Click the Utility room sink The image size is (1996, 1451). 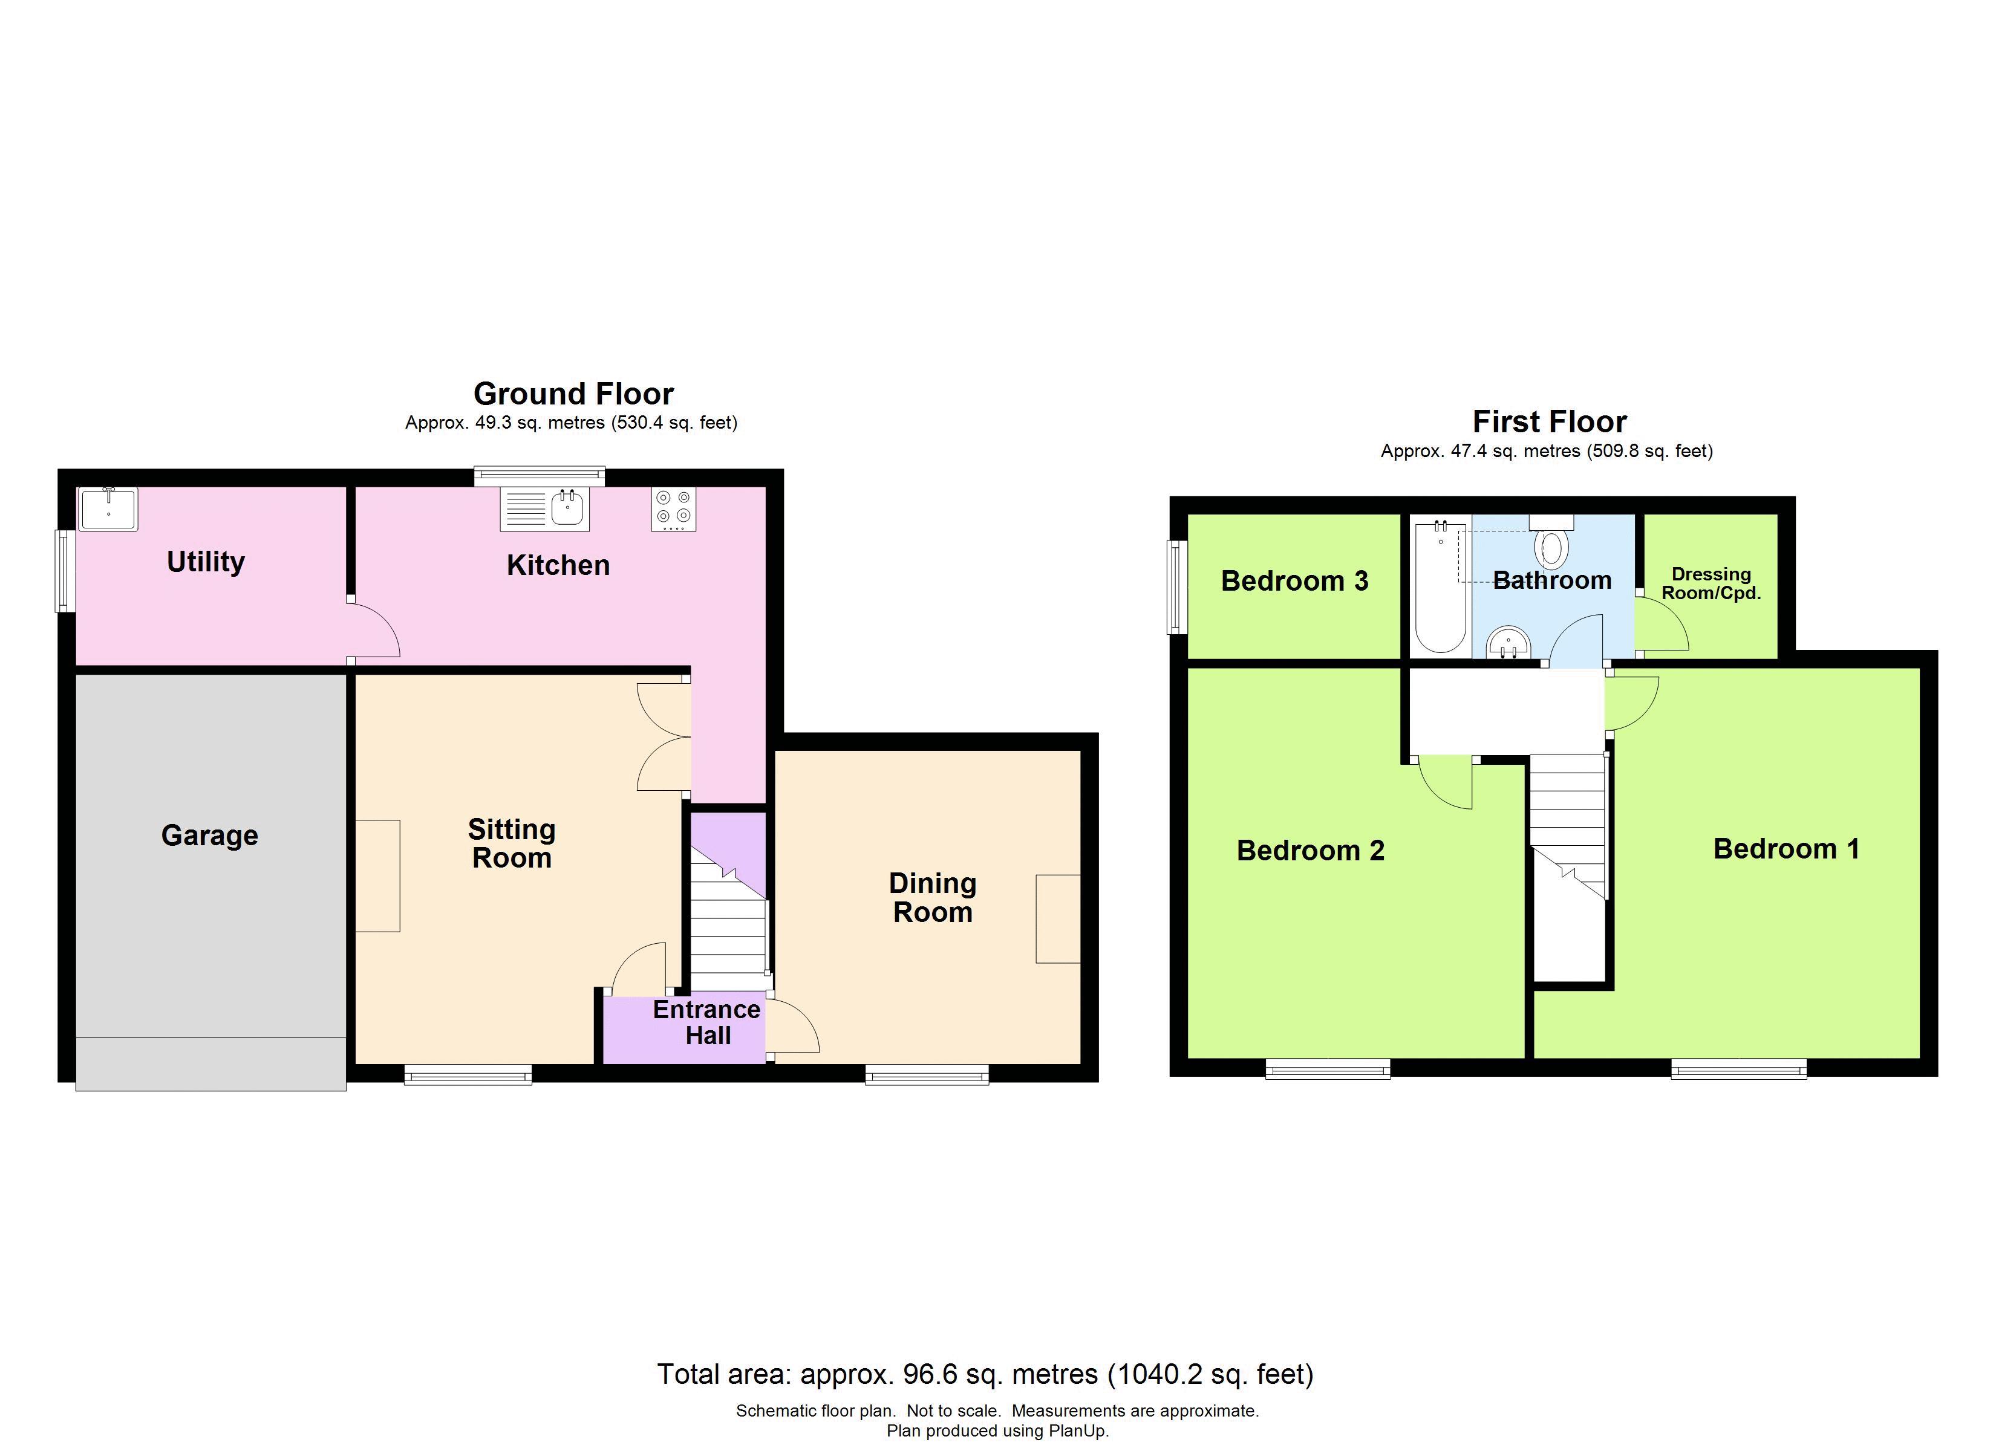point(108,510)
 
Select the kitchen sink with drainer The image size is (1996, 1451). point(545,510)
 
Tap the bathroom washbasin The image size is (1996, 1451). point(1509,643)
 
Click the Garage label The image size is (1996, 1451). point(209,835)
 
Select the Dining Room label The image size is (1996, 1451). point(933,898)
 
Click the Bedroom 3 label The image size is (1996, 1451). point(1294,581)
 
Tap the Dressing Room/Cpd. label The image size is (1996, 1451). point(1711,583)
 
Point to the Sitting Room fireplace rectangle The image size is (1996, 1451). point(377,875)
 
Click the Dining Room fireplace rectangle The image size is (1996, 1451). point(1058,918)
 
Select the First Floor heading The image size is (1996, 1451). point(1549,421)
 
